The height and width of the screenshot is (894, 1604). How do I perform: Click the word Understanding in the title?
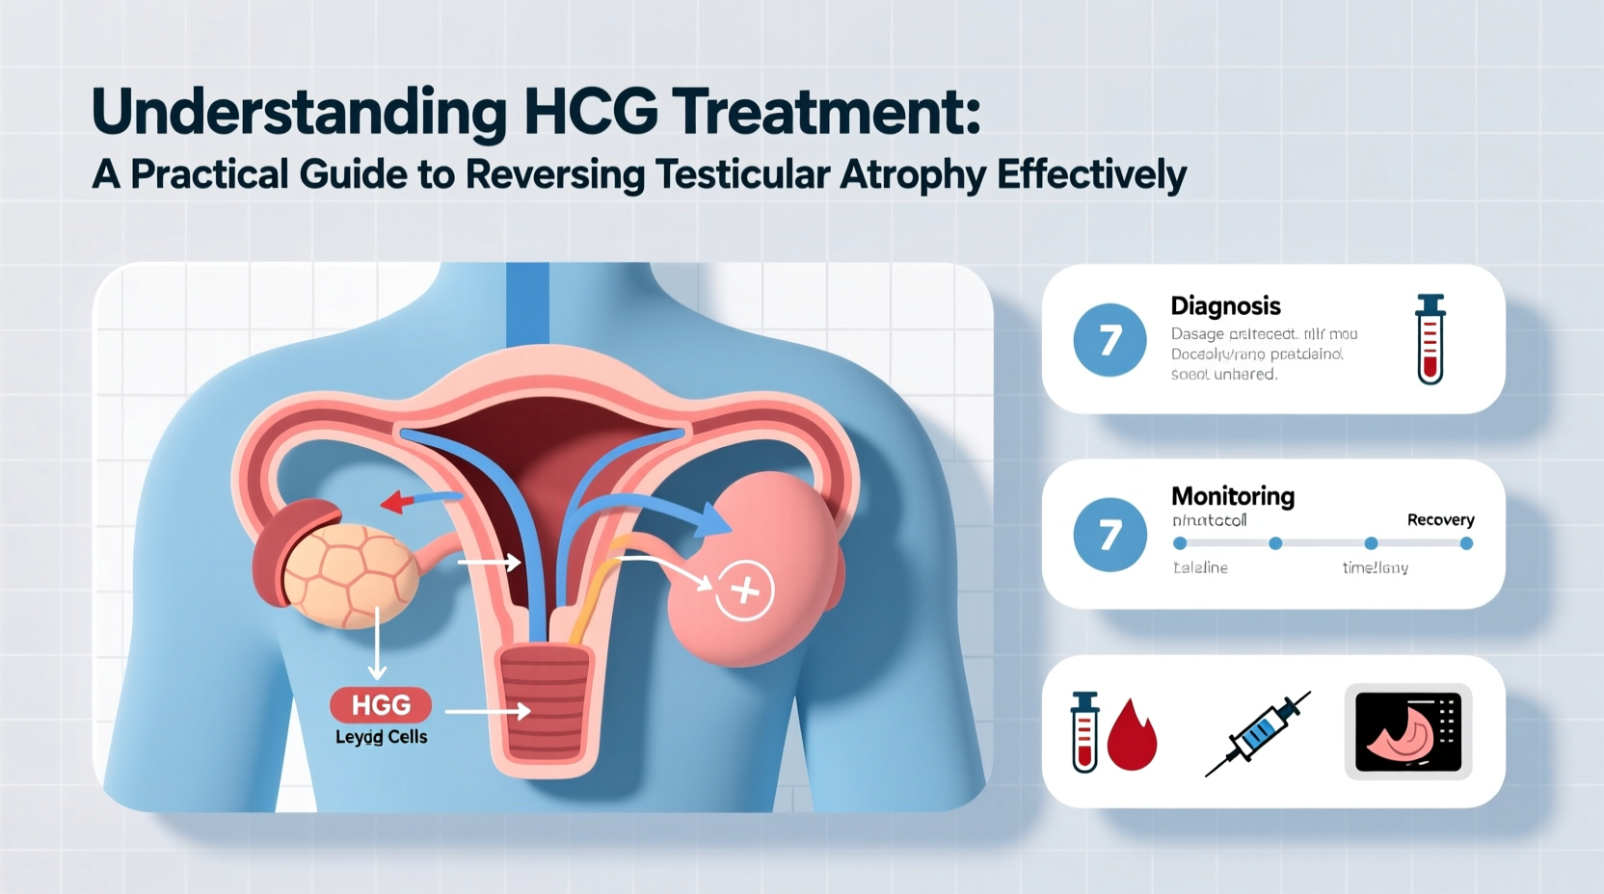(299, 114)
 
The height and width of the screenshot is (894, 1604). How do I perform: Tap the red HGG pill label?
(381, 705)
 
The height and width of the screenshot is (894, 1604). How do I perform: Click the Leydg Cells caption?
(381, 737)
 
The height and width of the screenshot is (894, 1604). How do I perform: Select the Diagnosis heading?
(1225, 306)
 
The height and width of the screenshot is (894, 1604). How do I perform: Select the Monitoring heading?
(1232, 496)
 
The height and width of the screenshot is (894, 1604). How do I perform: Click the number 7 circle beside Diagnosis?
(1109, 340)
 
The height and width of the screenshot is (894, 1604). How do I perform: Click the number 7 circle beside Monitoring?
(1109, 535)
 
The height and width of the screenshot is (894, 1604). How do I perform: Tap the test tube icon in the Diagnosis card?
(1430, 339)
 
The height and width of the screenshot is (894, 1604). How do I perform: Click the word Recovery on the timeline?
(1440, 520)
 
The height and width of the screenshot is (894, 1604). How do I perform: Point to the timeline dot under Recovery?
(1466, 543)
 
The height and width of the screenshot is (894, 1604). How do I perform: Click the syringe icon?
(1258, 734)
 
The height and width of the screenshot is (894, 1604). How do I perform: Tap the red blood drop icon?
(1132, 736)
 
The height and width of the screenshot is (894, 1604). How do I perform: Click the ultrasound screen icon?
(1407, 732)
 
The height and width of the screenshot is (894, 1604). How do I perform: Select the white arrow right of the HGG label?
(488, 711)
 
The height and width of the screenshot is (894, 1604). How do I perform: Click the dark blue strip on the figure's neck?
(527, 303)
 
